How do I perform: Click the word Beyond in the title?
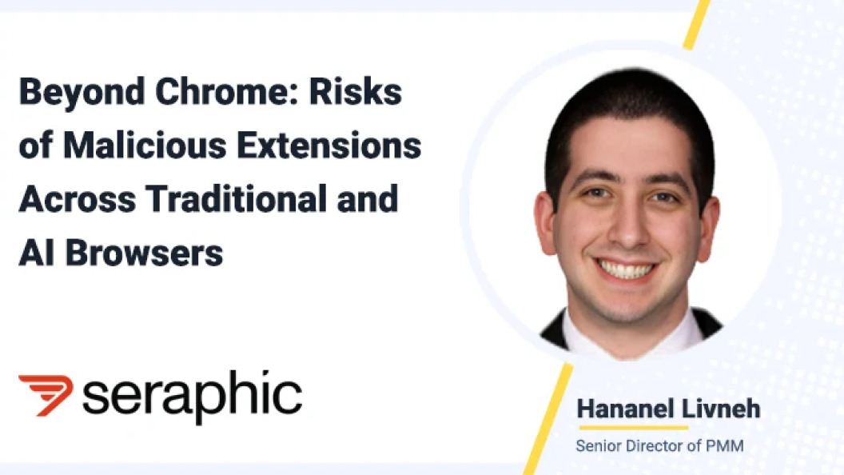pyautogui.click(x=82, y=94)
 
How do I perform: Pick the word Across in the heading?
pyautogui.click(x=77, y=199)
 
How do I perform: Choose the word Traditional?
pyautogui.click(x=237, y=199)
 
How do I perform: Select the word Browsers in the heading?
pyautogui.click(x=144, y=253)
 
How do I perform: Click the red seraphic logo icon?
pyautogui.click(x=46, y=395)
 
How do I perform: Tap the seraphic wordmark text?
pyautogui.click(x=192, y=396)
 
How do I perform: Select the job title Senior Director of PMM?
pyautogui.click(x=660, y=446)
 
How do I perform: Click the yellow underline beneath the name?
pyautogui.click(x=634, y=428)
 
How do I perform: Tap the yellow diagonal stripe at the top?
pyautogui.click(x=697, y=24)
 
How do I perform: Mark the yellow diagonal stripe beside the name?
pyautogui.click(x=548, y=419)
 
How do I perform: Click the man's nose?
pyautogui.click(x=628, y=226)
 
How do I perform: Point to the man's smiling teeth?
pyautogui.click(x=626, y=268)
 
